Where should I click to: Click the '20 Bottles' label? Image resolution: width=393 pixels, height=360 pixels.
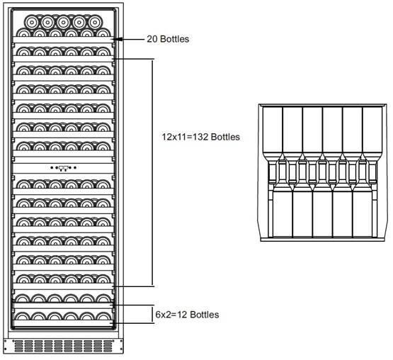168,39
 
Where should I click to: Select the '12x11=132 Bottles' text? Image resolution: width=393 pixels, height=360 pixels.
201,137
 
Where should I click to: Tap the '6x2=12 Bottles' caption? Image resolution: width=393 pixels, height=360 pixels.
187,315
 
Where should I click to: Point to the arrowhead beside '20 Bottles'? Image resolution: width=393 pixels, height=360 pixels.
118,39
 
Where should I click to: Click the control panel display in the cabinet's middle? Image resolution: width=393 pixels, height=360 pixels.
64,168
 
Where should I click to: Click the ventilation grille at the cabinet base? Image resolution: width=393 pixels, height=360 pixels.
63,346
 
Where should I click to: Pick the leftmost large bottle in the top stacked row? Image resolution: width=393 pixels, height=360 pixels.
32,23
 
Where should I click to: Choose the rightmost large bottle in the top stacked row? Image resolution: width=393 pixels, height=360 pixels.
96,23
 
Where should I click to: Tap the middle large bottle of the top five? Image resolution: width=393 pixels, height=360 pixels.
64,23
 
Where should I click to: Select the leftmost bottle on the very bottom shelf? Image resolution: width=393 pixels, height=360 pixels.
22,316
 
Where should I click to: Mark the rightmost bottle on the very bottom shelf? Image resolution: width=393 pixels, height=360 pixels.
103,316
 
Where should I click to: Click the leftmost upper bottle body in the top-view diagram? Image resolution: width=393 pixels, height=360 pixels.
273,130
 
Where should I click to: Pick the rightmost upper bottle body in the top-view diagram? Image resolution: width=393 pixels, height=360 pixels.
372,130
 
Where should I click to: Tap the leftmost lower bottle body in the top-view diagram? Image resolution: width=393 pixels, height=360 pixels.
283,213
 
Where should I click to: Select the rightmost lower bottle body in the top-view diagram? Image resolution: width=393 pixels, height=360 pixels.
363,213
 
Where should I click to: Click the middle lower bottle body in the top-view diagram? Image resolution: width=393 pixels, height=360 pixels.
323,213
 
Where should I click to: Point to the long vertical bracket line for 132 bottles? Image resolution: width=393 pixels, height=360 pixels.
153,173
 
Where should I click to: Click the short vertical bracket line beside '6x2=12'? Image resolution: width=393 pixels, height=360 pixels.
152,315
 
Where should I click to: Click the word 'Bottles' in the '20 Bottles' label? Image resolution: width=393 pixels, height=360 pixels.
175,39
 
